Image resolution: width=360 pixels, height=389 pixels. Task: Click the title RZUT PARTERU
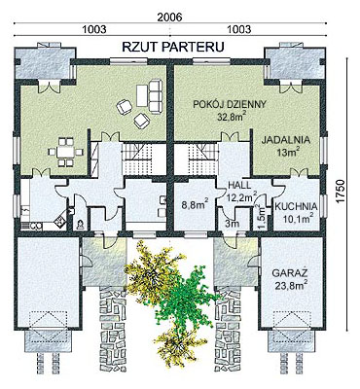[x=173, y=47]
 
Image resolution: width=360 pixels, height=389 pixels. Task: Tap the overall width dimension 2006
[x=168, y=17]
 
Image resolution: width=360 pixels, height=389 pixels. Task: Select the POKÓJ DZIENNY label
[x=230, y=104]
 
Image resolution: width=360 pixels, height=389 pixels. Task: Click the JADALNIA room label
[x=286, y=140]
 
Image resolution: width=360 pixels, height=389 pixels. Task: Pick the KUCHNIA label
[x=296, y=206]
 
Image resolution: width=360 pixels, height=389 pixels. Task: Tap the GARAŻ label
[x=290, y=273]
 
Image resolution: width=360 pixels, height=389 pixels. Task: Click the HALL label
[x=239, y=185]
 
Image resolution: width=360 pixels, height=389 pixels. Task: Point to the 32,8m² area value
[x=231, y=117]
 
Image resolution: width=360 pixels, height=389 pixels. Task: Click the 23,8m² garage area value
[x=290, y=285]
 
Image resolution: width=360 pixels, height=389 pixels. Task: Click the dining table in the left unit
[x=65, y=152]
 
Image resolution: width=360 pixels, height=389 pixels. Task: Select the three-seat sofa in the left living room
[x=156, y=96]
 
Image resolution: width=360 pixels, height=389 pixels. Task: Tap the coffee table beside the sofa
[x=142, y=95]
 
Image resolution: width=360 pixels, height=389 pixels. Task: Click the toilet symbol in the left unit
[x=80, y=225]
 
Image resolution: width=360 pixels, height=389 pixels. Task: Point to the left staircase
[x=137, y=157]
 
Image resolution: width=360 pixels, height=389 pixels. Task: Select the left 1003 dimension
[x=94, y=29]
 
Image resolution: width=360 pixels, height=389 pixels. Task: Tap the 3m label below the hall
[x=233, y=224]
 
